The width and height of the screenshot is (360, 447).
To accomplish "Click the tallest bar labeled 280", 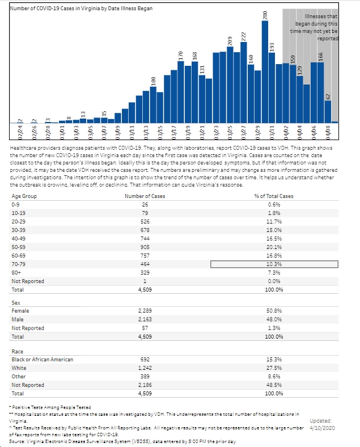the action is pos(265,72).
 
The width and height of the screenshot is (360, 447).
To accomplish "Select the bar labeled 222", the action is pos(244,83).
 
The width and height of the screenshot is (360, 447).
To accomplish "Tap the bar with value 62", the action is pos(328,112).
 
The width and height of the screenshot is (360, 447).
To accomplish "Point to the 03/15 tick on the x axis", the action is pos(160,132).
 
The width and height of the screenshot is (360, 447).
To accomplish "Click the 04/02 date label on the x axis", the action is pos(286,132).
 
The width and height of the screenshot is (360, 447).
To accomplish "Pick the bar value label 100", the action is pos(153,81).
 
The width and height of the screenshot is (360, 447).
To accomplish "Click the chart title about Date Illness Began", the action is pos(81,9).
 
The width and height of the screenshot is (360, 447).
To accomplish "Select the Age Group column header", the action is pos(24,196).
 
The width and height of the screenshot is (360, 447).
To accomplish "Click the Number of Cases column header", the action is pos(145,196).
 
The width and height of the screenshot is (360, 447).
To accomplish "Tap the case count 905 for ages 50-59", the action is pos(145,247).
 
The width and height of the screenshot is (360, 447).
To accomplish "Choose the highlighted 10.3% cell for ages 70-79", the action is pos(274,264).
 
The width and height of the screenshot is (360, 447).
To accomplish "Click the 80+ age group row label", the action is pos(16,273).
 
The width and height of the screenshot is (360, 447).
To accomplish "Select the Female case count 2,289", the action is pos(145,311).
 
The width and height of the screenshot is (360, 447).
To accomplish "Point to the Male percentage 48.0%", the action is pos(274,319).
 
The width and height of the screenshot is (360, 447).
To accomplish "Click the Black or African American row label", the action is pos(43,360).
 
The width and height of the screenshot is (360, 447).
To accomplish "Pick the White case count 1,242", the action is pos(145,368).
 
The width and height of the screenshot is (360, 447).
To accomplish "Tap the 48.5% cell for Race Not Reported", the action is pos(274,385).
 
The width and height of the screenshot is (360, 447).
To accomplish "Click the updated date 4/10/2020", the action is pos(322,428).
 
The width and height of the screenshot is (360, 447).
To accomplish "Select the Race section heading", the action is pos(18,352).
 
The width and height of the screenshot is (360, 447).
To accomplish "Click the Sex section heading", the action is pos(16,303).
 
